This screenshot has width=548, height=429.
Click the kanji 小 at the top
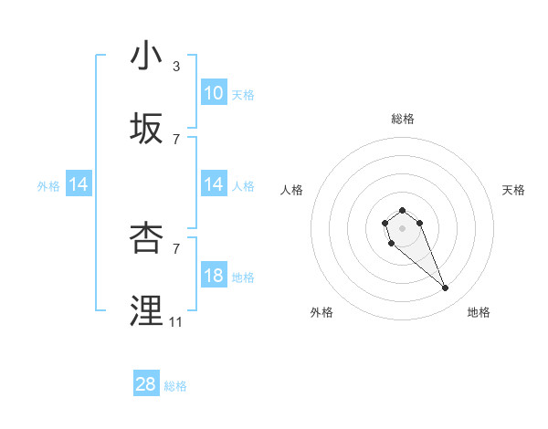tap(146, 56)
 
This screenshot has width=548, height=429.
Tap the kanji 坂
tap(146, 129)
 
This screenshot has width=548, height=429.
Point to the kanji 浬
tap(146, 310)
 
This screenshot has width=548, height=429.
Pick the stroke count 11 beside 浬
tap(176, 321)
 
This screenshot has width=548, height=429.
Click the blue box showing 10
tap(214, 93)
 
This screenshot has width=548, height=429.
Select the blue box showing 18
tap(214, 276)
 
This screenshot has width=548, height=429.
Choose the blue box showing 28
tap(146, 385)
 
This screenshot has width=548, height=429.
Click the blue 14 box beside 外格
tap(79, 184)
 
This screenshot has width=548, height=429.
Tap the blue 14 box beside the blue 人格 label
tap(214, 184)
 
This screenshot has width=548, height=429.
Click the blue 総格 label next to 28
tap(175, 386)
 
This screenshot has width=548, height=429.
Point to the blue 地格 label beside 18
tap(243, 277)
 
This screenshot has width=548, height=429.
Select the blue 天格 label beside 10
tap(243, 94)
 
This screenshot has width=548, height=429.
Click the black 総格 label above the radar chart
tap(403, 119)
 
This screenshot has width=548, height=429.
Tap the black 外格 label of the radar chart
tap(321, 312)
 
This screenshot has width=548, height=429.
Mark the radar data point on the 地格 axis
tap(446, 288)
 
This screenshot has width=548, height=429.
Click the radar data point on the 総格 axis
tap(403, 211)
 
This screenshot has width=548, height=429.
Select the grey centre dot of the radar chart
tap(403, 227)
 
